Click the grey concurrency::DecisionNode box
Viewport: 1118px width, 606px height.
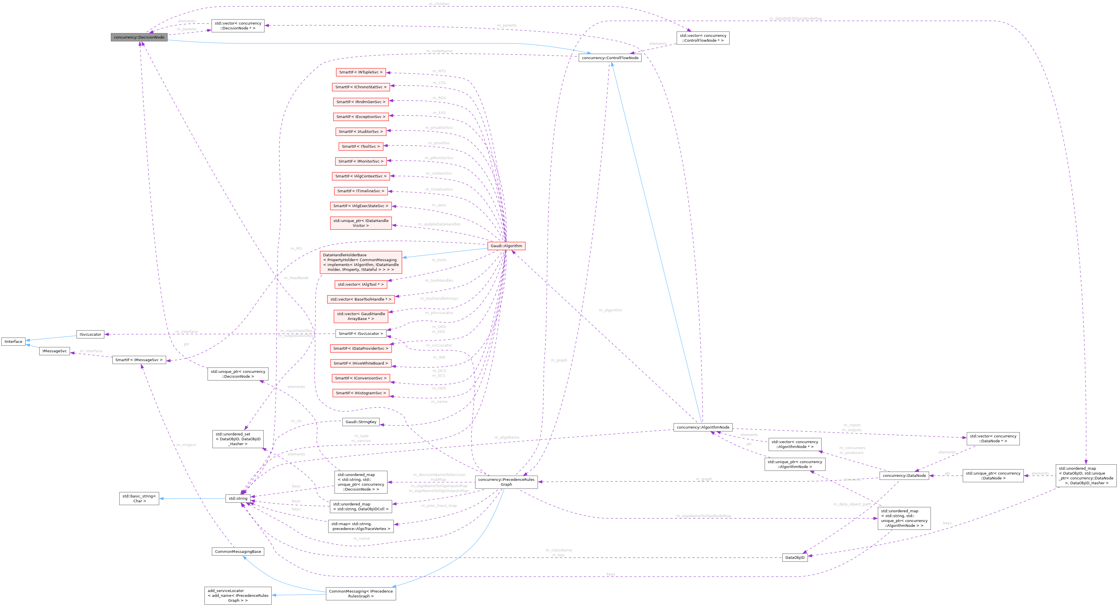pyautogui.click(x=139, y=37)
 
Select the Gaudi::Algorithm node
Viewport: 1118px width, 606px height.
pyautogui.click(x=506, y=246)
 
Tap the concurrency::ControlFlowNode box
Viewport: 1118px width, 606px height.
pyautogui.click(x=609, y=58)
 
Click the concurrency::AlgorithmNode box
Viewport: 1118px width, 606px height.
pyautogui.click(x=703, y=427)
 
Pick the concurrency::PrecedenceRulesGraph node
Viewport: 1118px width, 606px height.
pyautogui.click(x=506, y=482)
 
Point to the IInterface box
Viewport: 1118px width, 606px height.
pyautogui.click(x=13, y=342)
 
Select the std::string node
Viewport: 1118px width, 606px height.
pyautogui.click(x=238, y=498)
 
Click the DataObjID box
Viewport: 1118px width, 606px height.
pyautogui.click(x=795, y=558)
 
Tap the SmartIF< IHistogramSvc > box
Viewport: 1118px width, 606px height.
pyautogui.click(x=361, y=393)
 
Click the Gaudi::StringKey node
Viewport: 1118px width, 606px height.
pyautogui.click(x=361, y=422)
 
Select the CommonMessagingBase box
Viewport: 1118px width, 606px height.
pyautogui.click(x=238, y=552)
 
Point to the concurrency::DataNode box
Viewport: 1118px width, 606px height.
pyautogui.click(x=904, y=475)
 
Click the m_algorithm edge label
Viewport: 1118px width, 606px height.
pyautogui.click(x=610, y=310)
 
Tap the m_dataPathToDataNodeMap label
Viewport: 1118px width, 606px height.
pyautogui.click(x=795, y=19)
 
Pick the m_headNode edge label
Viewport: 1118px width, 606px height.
pyautogui.click(x=296, y=278)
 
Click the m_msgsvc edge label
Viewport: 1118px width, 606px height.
pyautogui.click(x=186, y=445)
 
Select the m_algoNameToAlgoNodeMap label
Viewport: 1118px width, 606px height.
pyautogui.click(x=703, y=516)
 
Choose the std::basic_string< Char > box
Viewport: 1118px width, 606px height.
pyautogui.click(x=139, y=498)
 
